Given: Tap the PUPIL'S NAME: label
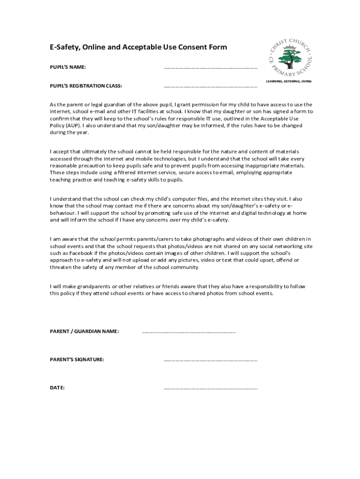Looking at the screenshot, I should pos(68,67).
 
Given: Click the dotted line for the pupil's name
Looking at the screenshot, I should pos(210,68).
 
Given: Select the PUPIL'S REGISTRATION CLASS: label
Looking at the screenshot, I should pos(86,86).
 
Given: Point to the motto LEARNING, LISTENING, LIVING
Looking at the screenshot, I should pos(288,81).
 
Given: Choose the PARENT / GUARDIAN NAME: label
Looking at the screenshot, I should pos(84,332).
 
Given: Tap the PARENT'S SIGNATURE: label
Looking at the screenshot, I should pos(77,360).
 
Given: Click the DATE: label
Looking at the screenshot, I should pos(57,388).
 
